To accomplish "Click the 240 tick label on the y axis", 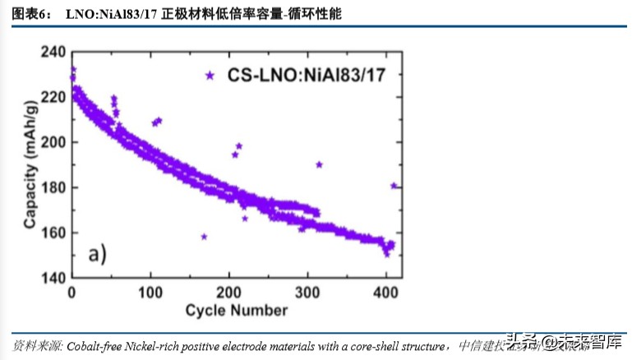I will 53,52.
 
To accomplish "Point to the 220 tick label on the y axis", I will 53,97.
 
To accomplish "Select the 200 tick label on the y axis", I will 53,142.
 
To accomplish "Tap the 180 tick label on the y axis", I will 53,187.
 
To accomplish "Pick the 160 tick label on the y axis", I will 53,233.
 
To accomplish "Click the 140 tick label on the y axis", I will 53,278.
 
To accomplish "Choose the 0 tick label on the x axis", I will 72,293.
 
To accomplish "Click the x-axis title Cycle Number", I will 236,311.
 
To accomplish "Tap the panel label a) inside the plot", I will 98,253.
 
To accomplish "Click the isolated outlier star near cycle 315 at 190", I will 319,164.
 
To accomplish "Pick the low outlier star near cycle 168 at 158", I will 204,237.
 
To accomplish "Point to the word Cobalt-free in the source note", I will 95,344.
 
